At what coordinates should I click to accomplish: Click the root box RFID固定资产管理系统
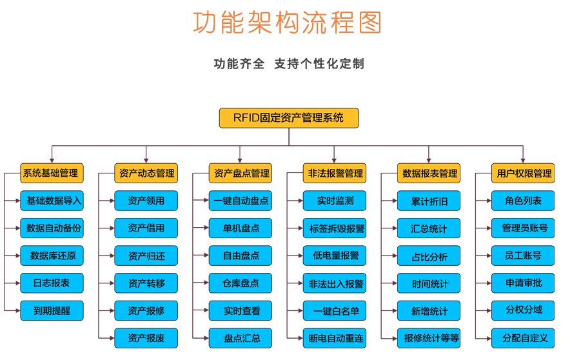click(289, 118)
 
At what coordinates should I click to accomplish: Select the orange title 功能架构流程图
click(288, 22)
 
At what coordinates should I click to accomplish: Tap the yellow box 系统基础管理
click(52, 173)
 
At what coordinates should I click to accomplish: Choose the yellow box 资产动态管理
click(146, 173)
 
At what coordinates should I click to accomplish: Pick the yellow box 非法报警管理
click(335, 173)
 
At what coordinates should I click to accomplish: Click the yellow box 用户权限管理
click(523, 173)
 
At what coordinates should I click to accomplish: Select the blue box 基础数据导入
click(52, 201)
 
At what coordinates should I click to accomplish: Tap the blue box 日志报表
click(52, 283)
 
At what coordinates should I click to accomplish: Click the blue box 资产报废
click(146, 338)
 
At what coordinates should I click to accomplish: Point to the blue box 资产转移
click(146, 283)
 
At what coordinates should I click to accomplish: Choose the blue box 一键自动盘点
click(241, 201)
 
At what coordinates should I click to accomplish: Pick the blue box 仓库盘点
click(241, 283)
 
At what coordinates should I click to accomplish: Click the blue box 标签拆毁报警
click(335, 228)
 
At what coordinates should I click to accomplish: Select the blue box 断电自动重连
click(335, 338)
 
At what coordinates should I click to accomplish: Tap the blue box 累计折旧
click(429, 201)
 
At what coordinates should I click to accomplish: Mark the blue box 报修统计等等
click(429, 338)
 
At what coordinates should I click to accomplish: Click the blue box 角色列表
click(523, 201)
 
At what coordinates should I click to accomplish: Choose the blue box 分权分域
click(523, 310)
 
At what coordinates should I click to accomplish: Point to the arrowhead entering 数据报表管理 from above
click(429, 160)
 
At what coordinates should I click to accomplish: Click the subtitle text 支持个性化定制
click(319, 64)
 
